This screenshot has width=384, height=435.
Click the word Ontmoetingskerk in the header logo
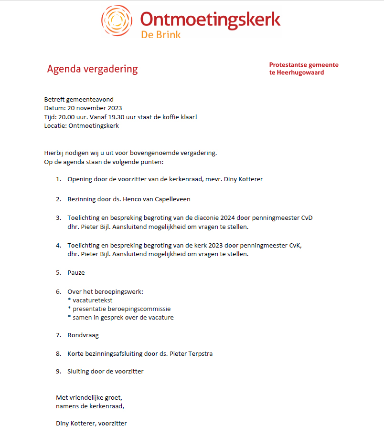pos(210,19)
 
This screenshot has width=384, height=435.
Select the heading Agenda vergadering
pos(92,69)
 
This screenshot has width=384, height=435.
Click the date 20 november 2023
pos(95,108)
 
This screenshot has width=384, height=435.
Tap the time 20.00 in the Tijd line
pos(66,117)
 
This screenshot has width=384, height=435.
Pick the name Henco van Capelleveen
pos(156,199)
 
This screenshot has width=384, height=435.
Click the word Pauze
pos(76,273)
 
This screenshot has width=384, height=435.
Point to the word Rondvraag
pos(83,335)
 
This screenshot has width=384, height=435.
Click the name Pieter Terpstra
pos(193,354)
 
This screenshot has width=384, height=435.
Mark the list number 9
pos(58,371)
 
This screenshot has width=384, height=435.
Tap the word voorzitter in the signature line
pos(112,423)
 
